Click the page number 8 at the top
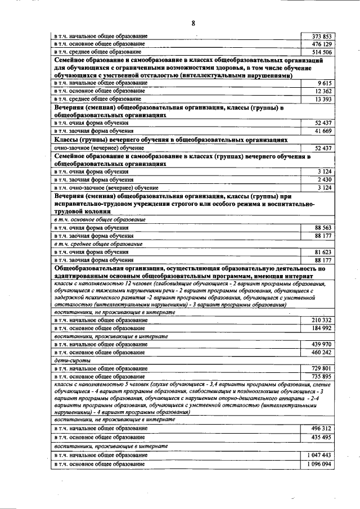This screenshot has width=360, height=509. (x=193, y=23)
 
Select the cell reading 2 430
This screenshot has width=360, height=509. (x=323, y=179)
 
